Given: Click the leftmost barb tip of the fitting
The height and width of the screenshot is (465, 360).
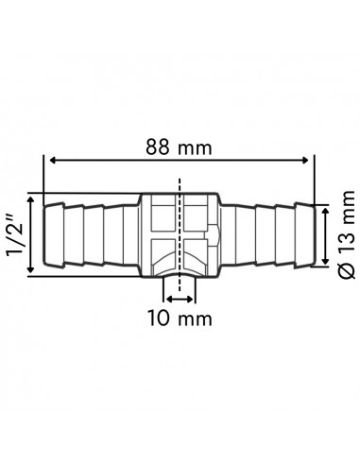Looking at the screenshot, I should click(x=47, y=235).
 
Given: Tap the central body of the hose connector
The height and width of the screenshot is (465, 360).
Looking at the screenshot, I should click(x=180, y=235).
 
